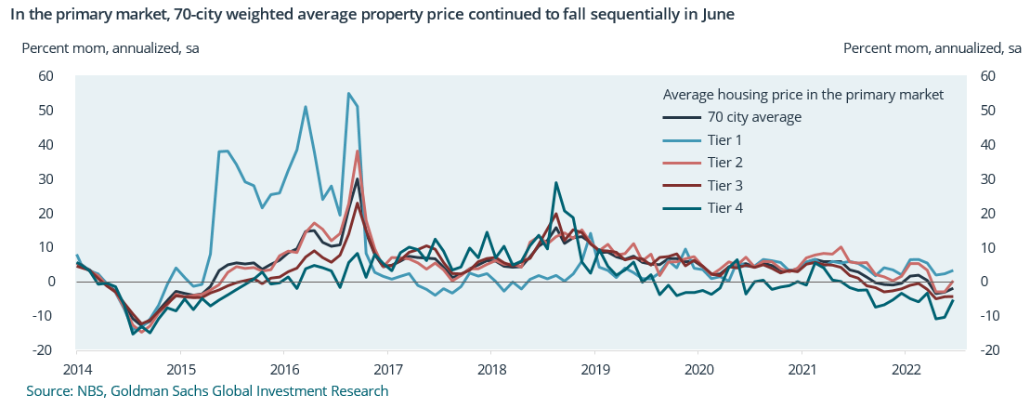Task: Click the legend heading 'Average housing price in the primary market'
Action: point(803,95)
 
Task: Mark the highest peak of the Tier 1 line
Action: point(348,93)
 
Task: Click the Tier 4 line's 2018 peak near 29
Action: point(555,183)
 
